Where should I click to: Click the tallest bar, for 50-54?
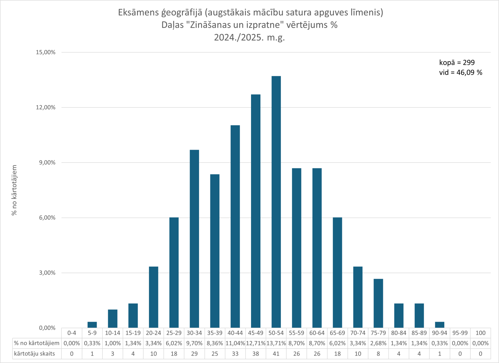[276, 202]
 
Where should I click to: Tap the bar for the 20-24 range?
[153, 297]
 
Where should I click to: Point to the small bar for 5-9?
[92, 325]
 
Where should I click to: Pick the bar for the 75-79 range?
[378, 303]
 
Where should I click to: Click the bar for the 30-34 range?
[194, 239]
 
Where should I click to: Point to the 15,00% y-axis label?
[46, 52]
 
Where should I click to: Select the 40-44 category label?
[235, 333]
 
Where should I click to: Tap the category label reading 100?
[481, 333]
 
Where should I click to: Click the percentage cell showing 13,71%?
[276, 344]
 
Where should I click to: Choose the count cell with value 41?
[276, 354]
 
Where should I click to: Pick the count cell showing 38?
[256, 354]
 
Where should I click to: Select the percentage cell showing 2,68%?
[378, 344]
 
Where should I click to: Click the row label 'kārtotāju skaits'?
[35, 354]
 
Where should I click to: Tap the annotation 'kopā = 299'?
[457, 63]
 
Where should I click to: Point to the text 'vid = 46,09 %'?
[460, 73]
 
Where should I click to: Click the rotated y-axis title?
[14, 190]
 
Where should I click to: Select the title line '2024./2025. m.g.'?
[249, 37]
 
